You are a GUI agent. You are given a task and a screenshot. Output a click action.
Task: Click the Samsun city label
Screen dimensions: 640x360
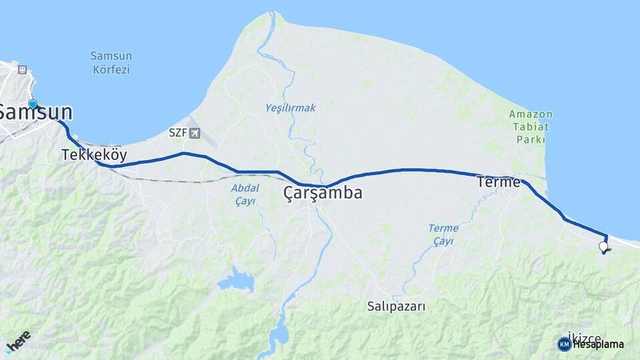(x=35, y=112)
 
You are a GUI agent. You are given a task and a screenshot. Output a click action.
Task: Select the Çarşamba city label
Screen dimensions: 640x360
(x=323, y=193)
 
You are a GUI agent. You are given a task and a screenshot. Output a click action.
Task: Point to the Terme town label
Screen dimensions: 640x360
(x=498, y=181)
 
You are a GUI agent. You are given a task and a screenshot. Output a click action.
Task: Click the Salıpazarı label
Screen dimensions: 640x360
(x=396, y=307)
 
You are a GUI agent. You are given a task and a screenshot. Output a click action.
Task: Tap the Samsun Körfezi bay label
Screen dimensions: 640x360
(x=111, y=62)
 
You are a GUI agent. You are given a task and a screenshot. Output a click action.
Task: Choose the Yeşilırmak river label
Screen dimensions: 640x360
(x=290, y=107)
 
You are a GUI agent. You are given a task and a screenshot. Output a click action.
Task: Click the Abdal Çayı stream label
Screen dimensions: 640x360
(x=244, y=195)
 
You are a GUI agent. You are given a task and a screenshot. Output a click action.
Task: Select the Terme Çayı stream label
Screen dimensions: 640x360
(x=443, y=234)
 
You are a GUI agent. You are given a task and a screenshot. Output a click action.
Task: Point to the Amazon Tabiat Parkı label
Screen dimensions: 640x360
(x=531, y=127)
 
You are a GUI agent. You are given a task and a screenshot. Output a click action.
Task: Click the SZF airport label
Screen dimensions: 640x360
(x=177, y=133)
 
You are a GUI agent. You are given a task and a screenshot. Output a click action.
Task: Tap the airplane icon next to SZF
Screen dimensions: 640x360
(x=194, y=133)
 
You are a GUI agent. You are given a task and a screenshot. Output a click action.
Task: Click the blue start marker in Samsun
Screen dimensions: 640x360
(x=32, y=104)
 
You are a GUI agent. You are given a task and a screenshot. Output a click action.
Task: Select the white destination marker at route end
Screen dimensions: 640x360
(x=603, y=247)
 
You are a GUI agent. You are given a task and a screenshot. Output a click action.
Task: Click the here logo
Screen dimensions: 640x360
(x=18, y=341)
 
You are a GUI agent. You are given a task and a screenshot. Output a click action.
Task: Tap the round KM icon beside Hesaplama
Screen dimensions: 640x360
(x=564, y=344)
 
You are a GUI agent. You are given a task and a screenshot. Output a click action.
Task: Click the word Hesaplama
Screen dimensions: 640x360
(x=598, y=344)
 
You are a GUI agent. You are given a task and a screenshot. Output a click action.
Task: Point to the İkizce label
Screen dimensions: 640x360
(x=585, y=337)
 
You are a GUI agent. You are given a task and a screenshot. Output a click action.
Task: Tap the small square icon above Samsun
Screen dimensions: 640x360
(x=22, y=69)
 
